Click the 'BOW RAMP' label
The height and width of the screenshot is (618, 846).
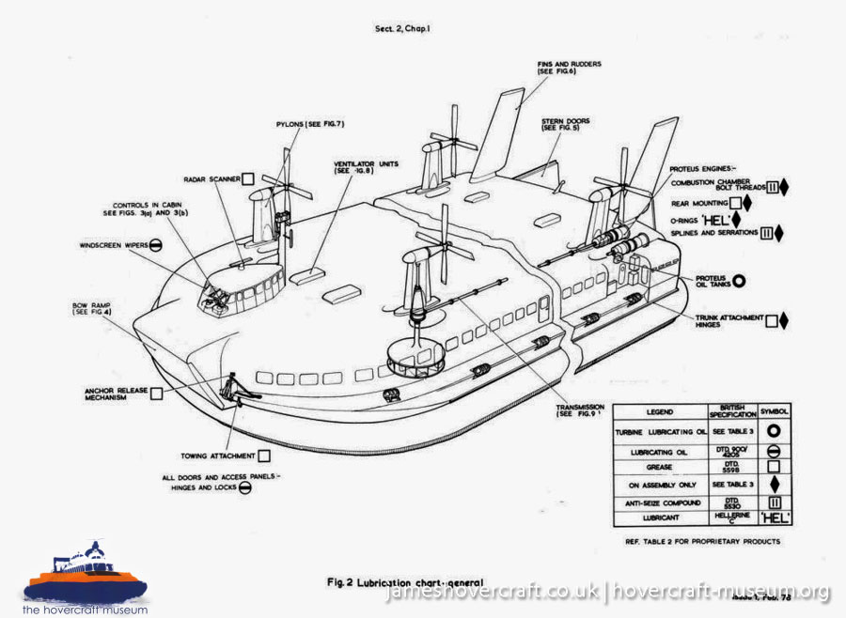(x=92, y=309)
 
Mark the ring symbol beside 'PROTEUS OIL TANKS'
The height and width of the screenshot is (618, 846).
(x=740, y=280)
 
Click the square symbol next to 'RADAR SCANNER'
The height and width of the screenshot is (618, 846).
(x=248, y=178)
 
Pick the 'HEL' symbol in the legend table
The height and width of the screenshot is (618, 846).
(x=776, y=517)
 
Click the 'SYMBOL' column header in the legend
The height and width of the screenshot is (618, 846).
(x=776, y=411)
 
